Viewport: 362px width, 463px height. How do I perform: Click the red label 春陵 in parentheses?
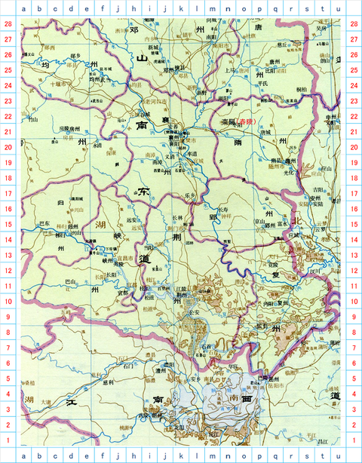[245, 121]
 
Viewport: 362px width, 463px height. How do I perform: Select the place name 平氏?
[263, 84]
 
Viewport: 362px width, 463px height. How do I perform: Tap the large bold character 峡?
[118, 236]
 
